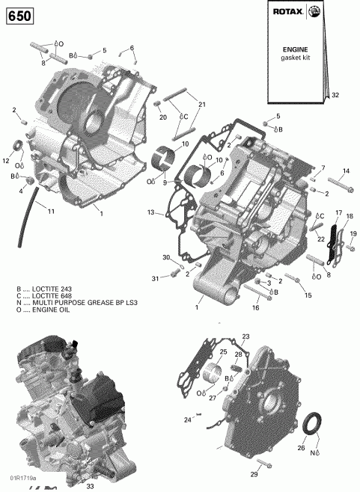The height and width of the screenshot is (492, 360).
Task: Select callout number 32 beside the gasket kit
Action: (x=335, y=95)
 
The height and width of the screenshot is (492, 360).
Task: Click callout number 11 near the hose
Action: (x=51, y=212)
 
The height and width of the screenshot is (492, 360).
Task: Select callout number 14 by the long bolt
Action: (x=346, y=171)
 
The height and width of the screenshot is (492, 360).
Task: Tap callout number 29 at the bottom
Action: (x=254, y=475)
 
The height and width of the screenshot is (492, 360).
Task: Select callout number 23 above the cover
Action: (x=246, y=336)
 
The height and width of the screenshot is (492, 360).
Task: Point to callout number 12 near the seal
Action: (x=5, y=161)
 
